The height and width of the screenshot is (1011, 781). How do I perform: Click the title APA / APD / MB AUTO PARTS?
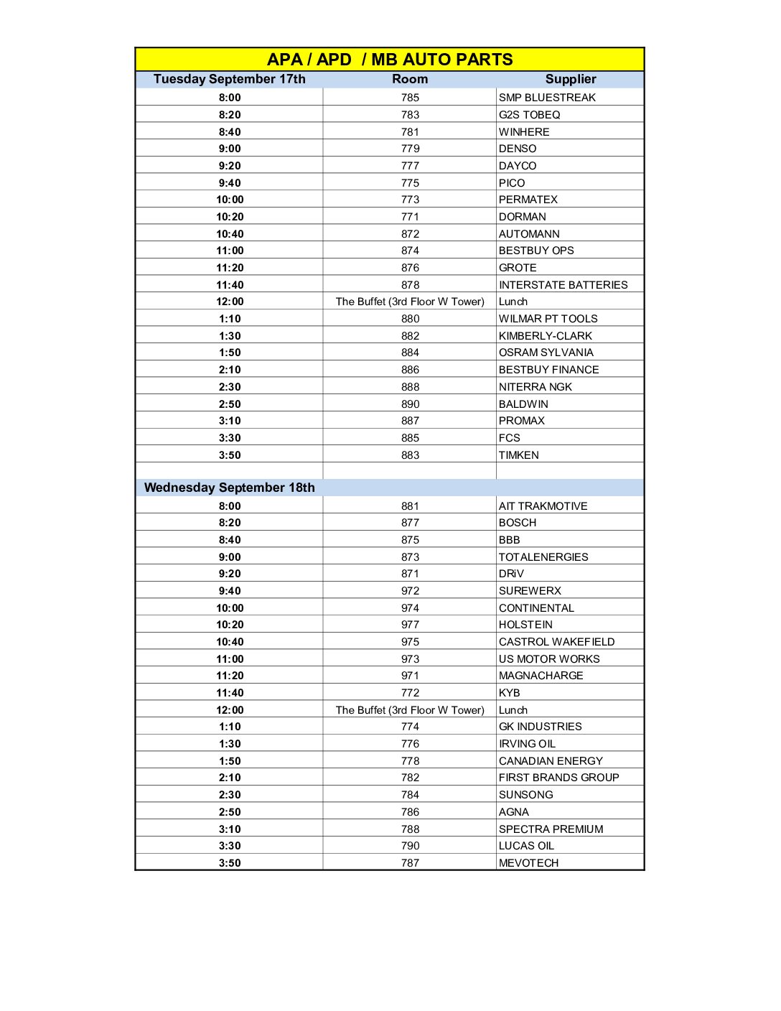(390, 60)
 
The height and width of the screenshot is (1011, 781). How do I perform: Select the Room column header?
(410, 79)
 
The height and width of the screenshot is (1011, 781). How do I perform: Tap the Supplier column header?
(571, 79)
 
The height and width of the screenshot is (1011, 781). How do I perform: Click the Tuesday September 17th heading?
(229, 79)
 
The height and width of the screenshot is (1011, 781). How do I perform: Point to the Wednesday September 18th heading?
(229, 488)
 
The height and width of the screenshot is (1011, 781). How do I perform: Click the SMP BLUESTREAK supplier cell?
(547, 98)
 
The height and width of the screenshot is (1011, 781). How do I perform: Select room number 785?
(410, 98)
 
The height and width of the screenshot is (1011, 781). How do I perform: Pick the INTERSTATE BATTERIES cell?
(563, 285)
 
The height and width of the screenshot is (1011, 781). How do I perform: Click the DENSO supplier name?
(518, 149)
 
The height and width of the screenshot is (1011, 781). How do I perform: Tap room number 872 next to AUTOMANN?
(410, 234)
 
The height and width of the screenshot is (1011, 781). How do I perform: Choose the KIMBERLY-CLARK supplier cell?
(546, 336)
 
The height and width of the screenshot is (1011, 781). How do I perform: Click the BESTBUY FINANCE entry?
(548, 370)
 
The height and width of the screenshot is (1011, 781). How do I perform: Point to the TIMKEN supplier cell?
(518, 455)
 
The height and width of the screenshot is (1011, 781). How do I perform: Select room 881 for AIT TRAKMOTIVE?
(410, 506)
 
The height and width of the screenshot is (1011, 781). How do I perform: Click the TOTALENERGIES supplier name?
(543, 557)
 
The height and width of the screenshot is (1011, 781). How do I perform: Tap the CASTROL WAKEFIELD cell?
(556, 642)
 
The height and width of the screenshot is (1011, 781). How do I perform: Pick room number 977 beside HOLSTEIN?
(410, 625)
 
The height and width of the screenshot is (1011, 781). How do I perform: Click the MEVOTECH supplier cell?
(528, 863)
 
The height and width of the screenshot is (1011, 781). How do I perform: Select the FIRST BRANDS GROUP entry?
(558, 778)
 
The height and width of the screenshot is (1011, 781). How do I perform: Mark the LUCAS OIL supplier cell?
(526, 846)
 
